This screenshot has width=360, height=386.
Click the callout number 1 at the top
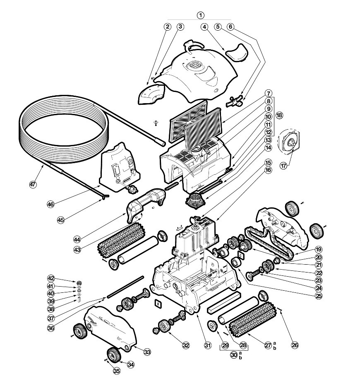click(x=201, y=15)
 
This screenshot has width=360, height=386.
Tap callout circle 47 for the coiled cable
click(x=33, y=185)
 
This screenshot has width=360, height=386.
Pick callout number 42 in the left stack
click(x=62, y=278)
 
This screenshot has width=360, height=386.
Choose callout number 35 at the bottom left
click(x=117, y=372)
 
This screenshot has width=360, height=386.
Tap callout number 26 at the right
click(x=295, y=345)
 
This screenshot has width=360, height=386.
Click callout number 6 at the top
click(x=231, y=27)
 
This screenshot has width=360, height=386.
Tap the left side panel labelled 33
click(x=110, y=328)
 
